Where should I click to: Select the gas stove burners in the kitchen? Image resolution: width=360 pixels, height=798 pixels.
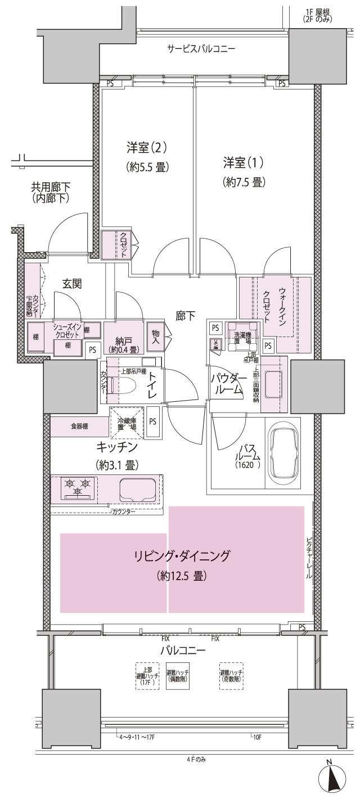[78, 487]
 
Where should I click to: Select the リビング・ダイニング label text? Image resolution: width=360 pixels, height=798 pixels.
[182, 557]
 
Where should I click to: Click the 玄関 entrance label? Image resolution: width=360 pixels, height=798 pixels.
[72, 284]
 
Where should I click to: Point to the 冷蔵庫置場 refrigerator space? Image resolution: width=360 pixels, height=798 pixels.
[127, 423]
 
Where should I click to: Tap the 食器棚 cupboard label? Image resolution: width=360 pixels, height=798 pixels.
[78, 427]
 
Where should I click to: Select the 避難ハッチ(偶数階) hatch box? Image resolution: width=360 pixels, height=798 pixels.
[178, 675]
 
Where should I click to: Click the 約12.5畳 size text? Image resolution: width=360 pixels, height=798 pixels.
[182, 576]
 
